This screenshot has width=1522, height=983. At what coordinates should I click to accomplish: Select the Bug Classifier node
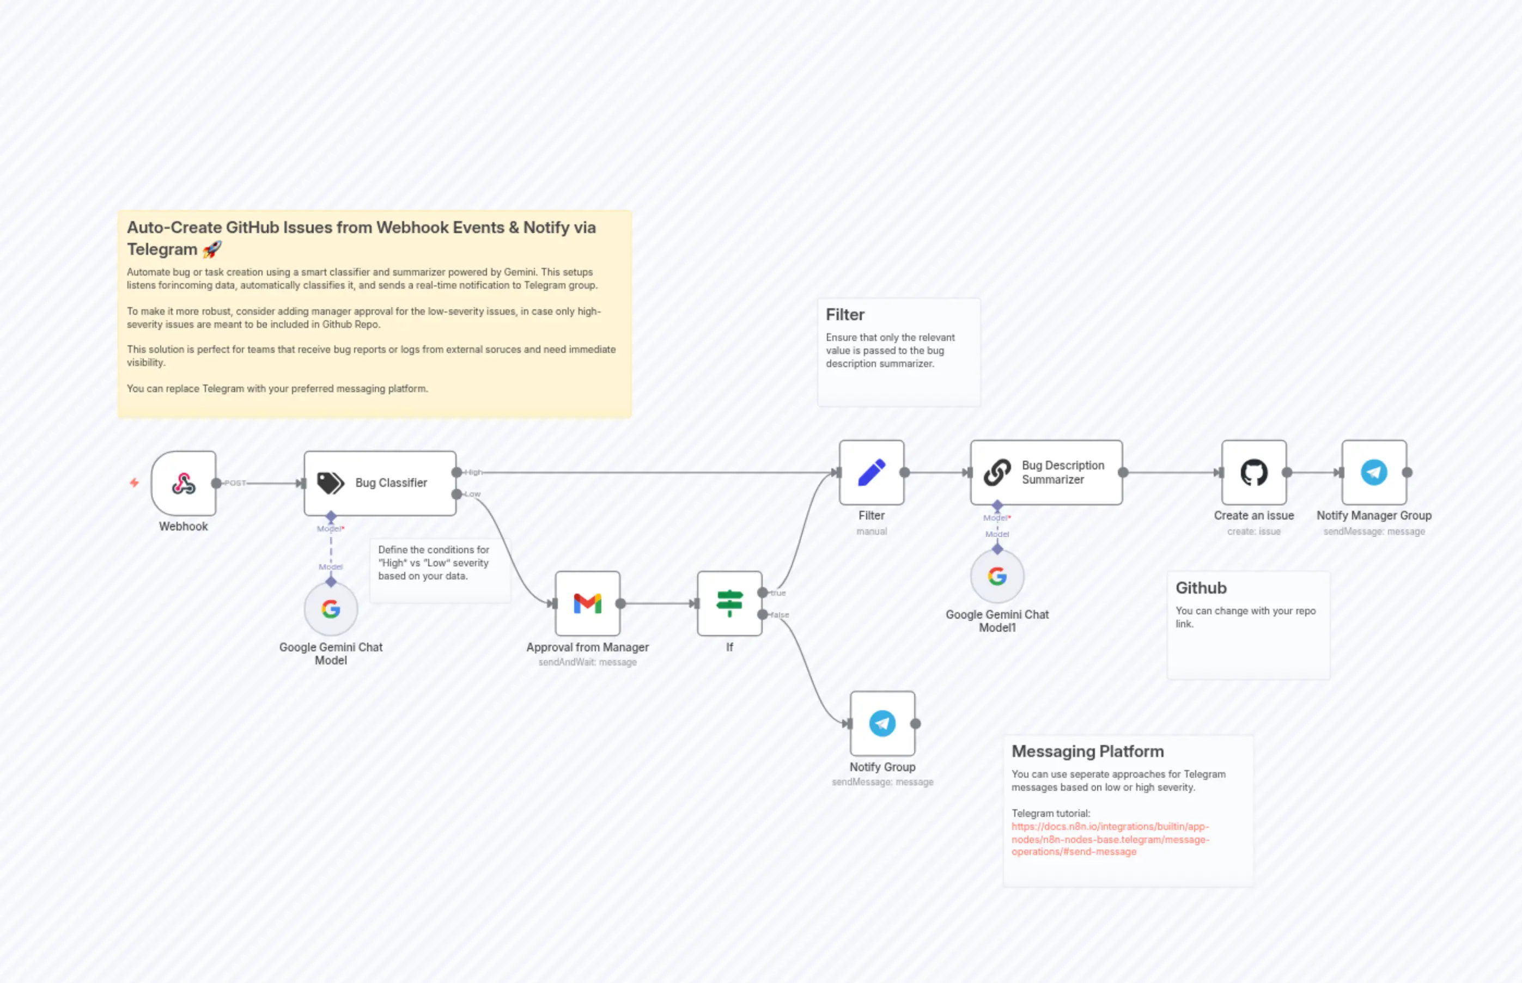[x=380, y=483]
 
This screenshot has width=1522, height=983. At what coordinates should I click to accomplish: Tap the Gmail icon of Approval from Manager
[x=587, y=603]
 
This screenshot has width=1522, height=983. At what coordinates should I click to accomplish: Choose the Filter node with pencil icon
[x=872, y=472]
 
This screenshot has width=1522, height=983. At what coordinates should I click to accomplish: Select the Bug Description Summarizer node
[x=1046, y=472]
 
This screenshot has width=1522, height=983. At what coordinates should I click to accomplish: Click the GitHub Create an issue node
[x=1253, y=472]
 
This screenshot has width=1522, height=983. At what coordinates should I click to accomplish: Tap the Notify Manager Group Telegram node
[x=1373, y=472]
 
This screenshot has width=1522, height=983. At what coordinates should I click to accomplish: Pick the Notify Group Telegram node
[x=882, y=723]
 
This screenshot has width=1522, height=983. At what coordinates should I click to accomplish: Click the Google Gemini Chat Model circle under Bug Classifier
[x=331, y=609]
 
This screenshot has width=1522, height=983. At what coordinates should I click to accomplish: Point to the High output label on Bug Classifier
[x=474, y=472]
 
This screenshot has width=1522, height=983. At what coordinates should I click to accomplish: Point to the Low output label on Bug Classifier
[x=472, y=494]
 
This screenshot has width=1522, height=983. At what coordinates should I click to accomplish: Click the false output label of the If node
[x=780, y=615]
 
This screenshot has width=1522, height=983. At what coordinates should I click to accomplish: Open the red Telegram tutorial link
[x=1110, y=839]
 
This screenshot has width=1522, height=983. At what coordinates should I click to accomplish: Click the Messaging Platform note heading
[x=1087, y=752]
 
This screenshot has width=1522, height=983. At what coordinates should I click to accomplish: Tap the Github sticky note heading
[x=1200, y=588]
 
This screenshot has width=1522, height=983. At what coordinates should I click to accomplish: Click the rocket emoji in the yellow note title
[x=212, y=249]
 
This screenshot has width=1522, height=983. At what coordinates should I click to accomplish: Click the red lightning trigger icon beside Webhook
[x=134, y=483]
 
